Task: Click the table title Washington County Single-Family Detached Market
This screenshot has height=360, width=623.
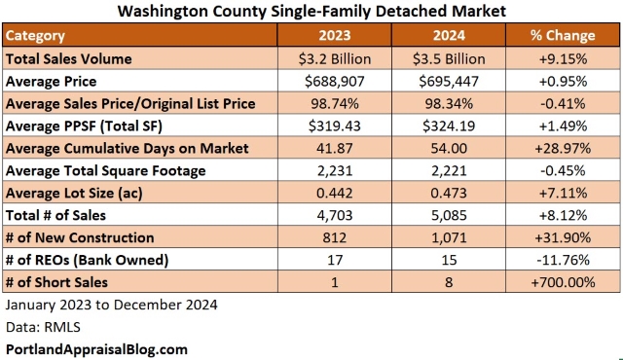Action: pos(311,13)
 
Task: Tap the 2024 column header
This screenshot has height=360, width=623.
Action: pos(452,36)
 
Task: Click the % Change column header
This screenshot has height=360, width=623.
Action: pos(563,36)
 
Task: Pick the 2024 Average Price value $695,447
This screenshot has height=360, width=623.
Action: pos(452,82)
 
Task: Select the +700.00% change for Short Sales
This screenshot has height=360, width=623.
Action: pos(563,283)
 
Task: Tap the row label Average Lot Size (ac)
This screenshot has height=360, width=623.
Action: pos(74,194)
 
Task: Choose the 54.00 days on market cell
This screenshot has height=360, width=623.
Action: pos(452,149)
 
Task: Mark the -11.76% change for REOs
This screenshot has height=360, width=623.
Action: pos(563,261)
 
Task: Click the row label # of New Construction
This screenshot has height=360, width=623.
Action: pos(80,238)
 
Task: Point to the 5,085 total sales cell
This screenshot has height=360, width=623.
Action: pos(452,216)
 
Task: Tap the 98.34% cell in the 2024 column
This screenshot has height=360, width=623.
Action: pos(452,104)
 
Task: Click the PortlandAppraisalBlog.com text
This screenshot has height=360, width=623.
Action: pos(95,348)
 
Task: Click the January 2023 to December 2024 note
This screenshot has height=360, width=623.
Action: pos(111,306)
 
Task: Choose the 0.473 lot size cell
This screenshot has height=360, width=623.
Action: pos(452,194)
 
